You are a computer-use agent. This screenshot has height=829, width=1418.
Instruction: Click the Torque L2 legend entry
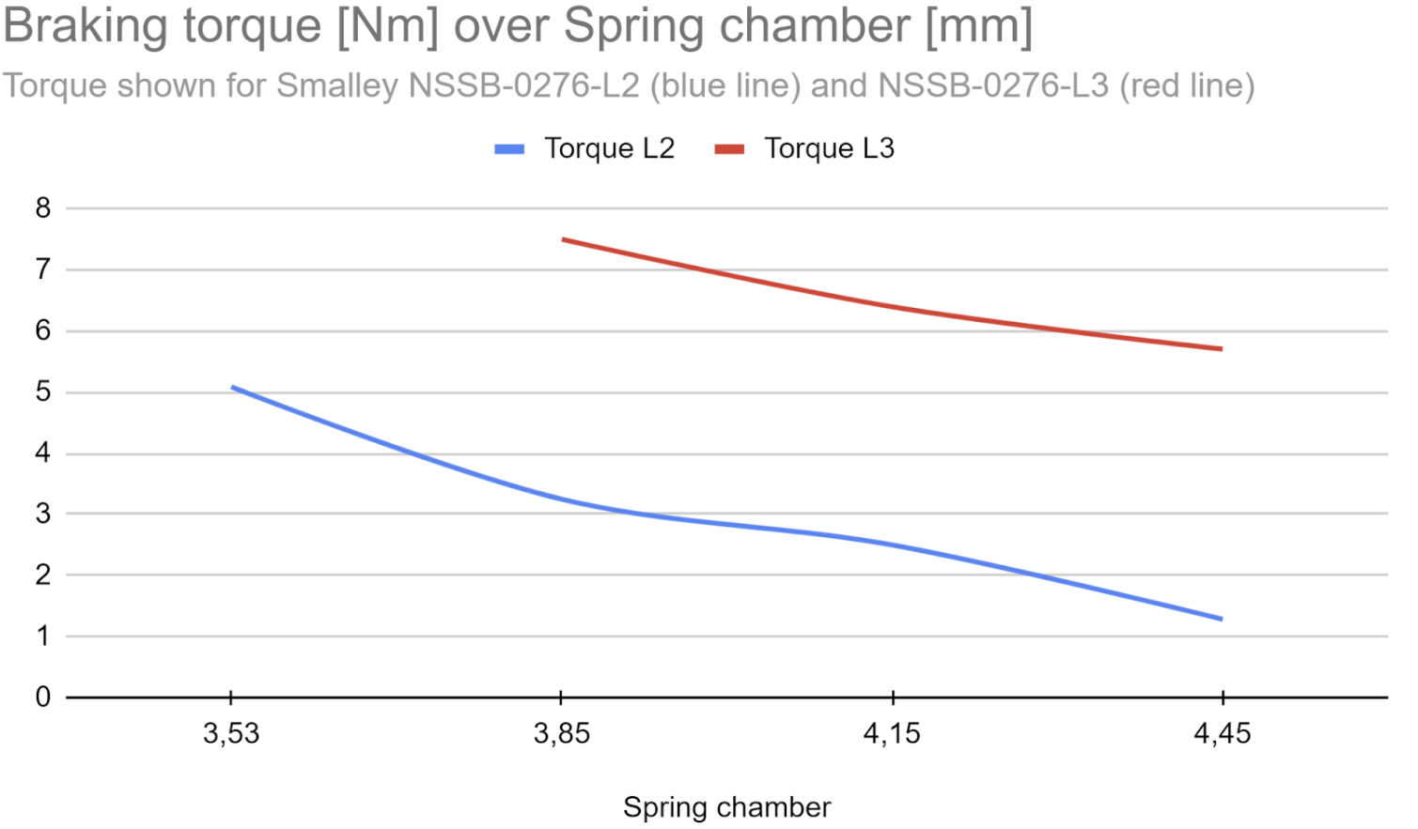(584, 149)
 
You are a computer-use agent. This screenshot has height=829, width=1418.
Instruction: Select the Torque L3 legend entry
(804, 149)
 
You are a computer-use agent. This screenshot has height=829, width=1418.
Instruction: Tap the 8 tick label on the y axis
(43, 208)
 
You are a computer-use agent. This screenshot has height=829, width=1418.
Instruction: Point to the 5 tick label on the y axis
(43, 392)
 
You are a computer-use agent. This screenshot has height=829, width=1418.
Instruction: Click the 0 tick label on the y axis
(43, 697)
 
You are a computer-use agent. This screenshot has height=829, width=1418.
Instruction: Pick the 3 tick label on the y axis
(43, 514)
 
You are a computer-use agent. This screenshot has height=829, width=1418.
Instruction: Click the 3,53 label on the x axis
(231, 734)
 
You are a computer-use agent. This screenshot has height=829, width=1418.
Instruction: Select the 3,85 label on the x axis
(562, 734)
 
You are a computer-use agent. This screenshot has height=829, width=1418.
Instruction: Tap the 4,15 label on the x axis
(892, 734)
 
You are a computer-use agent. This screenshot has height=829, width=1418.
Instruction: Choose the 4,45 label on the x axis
(1223, 734)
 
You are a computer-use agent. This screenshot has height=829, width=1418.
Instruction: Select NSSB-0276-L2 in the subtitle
(524, 85)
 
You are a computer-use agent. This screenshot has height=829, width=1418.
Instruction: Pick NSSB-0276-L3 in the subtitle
(993, 85)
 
